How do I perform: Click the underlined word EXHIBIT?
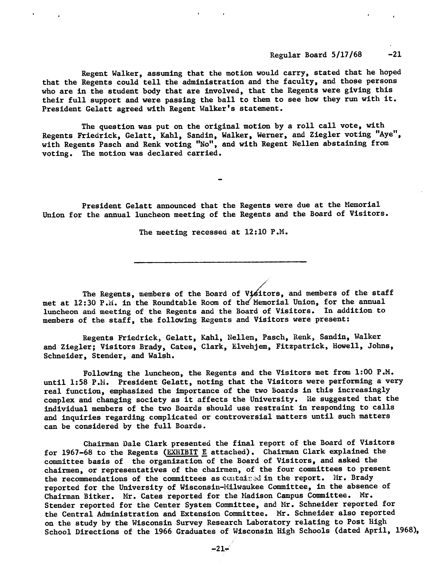[x=182, y=452]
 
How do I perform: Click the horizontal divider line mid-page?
[x=220, y=262]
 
